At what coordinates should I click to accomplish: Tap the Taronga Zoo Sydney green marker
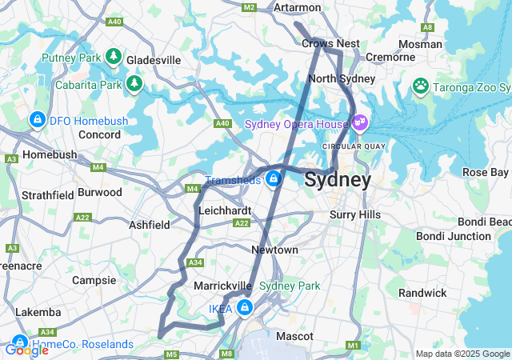420,85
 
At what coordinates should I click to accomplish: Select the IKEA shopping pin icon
245,307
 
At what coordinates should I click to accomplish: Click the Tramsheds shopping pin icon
274,179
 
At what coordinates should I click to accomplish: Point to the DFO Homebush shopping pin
36,120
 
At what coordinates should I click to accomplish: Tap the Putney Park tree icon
114,57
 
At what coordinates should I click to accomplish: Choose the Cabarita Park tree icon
134,83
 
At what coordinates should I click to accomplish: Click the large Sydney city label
337,180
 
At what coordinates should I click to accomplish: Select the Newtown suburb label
274,250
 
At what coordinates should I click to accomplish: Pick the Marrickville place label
223,286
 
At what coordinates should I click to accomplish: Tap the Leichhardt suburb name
225,210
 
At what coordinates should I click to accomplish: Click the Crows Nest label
330,43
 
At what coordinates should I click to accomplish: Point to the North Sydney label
342,78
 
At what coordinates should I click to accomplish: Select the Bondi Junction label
453,236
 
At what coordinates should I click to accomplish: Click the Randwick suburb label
422,293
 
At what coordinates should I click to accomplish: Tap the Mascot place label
294,336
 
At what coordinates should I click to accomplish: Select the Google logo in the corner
26,350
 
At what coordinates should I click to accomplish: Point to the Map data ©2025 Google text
462,354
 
